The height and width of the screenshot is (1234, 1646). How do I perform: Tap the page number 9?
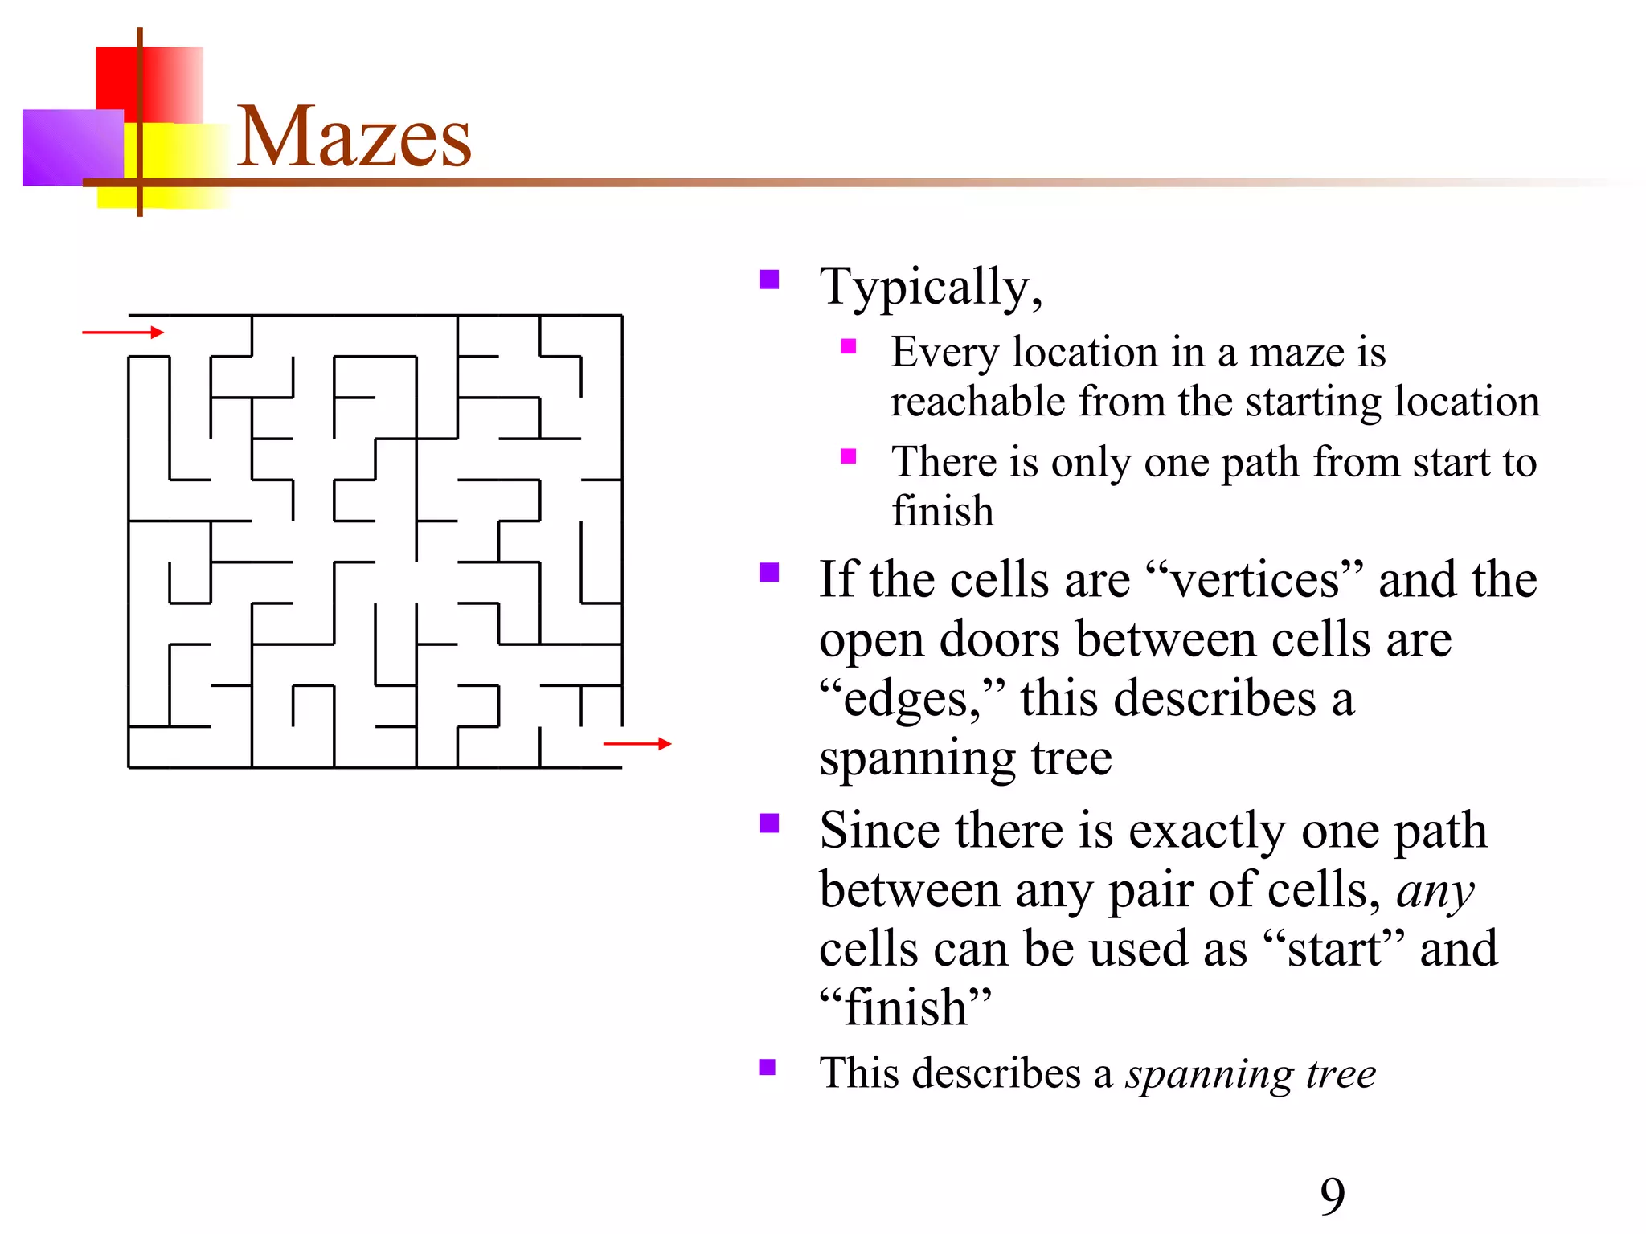click(x=1332, y=1196)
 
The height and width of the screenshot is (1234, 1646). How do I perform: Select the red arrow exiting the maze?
click(x=637, y=744)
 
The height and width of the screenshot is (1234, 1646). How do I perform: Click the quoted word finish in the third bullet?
click(x=906, y=1007)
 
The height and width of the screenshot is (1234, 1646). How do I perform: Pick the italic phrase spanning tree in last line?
click(x=1250, y=1073)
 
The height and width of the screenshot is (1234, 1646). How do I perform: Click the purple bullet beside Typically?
click(x=769, y=280)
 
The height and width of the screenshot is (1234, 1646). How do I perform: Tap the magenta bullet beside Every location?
click(x=848, y=347)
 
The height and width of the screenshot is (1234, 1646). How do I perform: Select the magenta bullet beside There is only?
click(x=848, y=457)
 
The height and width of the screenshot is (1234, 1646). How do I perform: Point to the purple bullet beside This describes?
click(x=768, y=1067)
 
